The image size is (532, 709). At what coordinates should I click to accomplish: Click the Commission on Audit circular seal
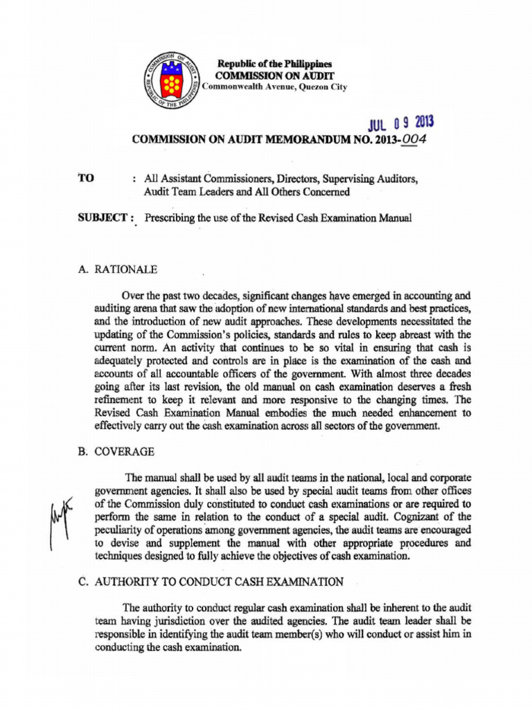pyautogui.click(x=170, y=81)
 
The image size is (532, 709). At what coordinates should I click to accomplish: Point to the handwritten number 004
pyautogui.click(x=413, y=139)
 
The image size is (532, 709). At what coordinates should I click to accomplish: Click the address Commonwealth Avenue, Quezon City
pyautogui.click(x=275, y=87)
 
